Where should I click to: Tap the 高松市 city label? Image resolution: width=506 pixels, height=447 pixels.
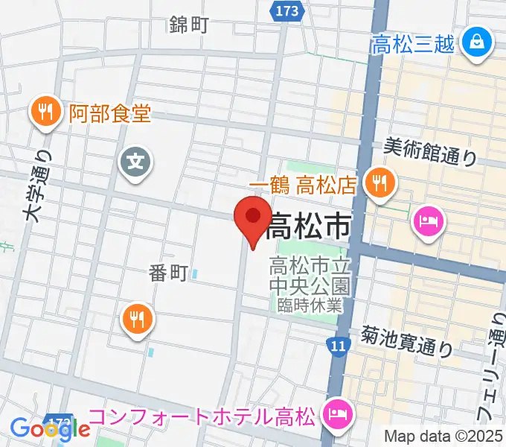click(308, 225)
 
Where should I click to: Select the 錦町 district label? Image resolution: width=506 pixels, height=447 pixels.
click(188, 25)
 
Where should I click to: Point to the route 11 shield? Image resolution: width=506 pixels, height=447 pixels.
click(339, 346)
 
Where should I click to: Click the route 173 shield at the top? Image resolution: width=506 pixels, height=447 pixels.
click(286, 11)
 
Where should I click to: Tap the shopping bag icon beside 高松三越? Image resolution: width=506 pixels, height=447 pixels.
click(475, 42)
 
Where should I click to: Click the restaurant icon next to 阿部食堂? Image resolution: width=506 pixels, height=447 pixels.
click(46, 112)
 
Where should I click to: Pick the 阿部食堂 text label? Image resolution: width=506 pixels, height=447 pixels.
click(110, 114)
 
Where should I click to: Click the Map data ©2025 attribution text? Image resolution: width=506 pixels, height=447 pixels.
click(443, 436)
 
